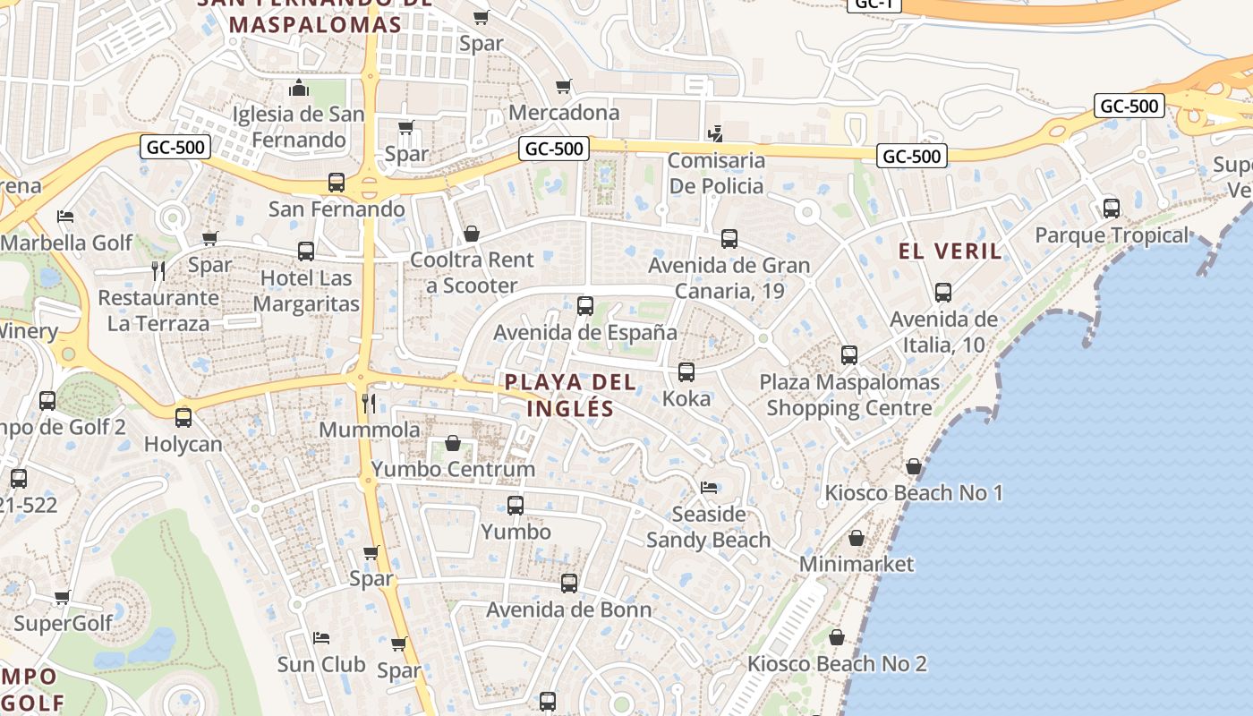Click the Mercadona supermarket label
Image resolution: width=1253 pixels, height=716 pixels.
(564, 113)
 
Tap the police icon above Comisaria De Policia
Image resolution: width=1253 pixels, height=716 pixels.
(715, 135)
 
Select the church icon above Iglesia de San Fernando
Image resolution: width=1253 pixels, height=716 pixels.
(299, 89)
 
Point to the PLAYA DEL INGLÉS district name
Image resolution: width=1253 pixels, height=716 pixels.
(570, 396)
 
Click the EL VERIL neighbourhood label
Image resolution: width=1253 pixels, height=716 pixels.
(950, 251)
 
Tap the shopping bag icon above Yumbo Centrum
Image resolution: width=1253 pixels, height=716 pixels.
(453, 443)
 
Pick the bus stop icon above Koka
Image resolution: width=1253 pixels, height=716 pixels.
(686, 372)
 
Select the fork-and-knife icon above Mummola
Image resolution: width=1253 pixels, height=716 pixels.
(368, 404)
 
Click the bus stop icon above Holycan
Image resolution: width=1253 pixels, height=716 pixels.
(183, 417)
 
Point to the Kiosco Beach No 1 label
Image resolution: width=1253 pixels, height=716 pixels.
(914, 493)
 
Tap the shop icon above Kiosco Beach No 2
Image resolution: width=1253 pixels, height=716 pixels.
(836, 637)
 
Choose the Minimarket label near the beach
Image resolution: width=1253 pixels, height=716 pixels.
(857, 565)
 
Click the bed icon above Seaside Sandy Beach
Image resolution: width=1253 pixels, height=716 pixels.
(709, 488)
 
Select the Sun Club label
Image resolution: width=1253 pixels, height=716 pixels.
(321, 665)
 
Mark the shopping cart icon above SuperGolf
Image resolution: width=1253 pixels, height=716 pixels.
(62, 597)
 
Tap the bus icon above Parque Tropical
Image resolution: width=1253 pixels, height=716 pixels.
(1112, 209)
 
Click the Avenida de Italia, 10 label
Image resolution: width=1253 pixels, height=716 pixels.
(943, 332)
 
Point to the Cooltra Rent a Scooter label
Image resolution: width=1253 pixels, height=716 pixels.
(472, 273)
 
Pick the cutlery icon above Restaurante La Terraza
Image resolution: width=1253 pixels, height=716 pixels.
(158, 271)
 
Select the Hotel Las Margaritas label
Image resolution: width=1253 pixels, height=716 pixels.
(306, 291)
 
